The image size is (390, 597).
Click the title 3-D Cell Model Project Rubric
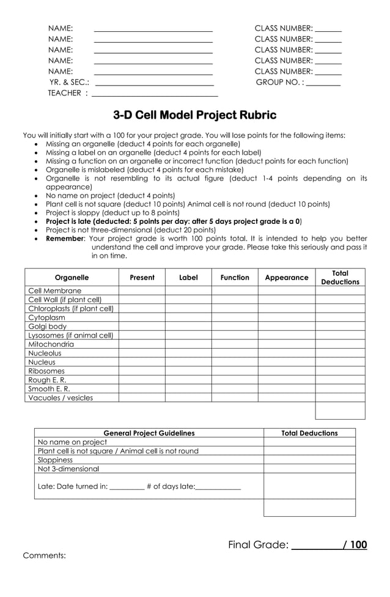coord(194,115)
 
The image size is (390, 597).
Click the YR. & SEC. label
coord(69,82)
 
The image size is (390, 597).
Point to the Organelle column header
coord(72,277)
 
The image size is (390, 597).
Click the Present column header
coord(142,277)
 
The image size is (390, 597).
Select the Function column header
coord(235,277)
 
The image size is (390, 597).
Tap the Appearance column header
coord(286,277)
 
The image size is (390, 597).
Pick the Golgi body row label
coord(48,326)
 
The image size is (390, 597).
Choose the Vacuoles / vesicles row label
coord(61,398)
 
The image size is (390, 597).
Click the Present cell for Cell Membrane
coord(142,291)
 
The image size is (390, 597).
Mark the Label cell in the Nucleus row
coord(188,362)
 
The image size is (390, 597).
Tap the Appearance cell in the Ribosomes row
coord(286,371)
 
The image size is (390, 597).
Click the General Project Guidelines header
coord(149,433)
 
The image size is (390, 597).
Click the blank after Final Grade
coord(316,544)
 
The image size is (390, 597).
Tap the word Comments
coord(44,555)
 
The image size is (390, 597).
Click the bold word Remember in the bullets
coord(64,239)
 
